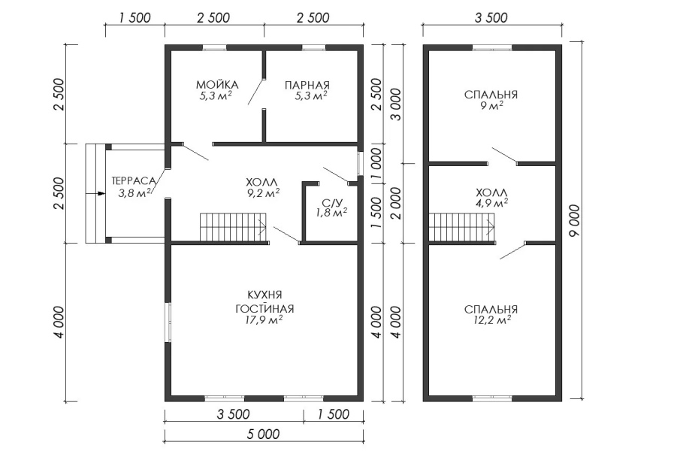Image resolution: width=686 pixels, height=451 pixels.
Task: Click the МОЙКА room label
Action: point(217,84)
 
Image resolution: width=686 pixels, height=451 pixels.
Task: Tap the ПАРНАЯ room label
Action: point(307,85)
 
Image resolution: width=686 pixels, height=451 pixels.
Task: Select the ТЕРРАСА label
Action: point(134,180)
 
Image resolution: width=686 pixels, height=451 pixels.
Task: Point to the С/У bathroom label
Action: point(331,202)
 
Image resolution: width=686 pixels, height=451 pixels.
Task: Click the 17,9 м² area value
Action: point(264,320)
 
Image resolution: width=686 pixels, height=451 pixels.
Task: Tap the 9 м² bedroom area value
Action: point(491,105)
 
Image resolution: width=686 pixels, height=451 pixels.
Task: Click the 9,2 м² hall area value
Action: point(262,192)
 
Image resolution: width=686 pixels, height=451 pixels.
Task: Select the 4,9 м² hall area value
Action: point(491,203)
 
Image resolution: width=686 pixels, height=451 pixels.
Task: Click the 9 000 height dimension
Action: point(575,221)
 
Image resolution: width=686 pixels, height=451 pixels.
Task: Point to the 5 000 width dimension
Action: point(263,434)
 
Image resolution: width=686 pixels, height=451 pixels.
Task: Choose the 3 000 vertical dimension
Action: point(394,104)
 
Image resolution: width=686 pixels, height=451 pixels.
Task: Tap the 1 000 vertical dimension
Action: point(376,162)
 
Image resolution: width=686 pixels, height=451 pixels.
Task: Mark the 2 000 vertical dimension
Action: point(394,203)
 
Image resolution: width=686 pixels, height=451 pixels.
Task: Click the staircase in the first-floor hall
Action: point(234,227)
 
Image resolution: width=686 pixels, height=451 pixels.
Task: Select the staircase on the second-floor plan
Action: point(462,227)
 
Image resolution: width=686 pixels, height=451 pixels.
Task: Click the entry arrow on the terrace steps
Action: point(96,193)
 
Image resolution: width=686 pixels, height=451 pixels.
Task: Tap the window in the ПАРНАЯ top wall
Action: point(313,47)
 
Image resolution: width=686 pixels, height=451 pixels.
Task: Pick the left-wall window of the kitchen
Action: point(168,322)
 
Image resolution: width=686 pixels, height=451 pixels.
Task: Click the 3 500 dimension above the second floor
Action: point(491,17)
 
